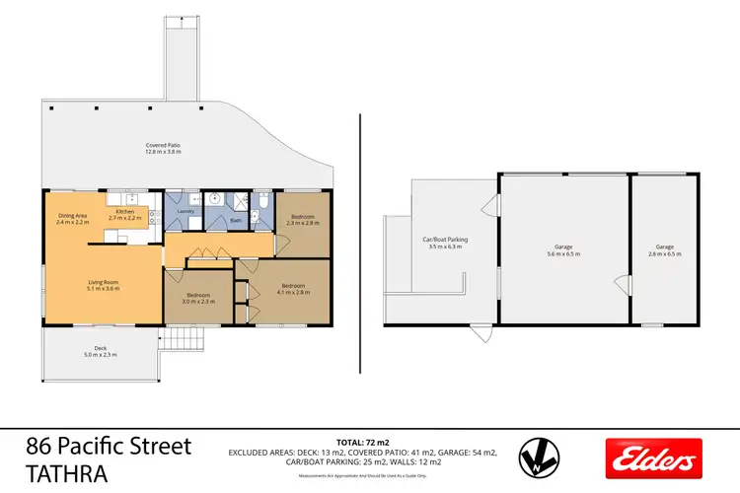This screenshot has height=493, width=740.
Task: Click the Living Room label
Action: [104, 285]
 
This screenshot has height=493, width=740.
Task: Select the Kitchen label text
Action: [125, 213]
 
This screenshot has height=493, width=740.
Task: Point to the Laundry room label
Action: [184, 210]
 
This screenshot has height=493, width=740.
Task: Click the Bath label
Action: [235, 221]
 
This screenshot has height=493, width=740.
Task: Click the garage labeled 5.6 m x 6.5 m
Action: [564, 249]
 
